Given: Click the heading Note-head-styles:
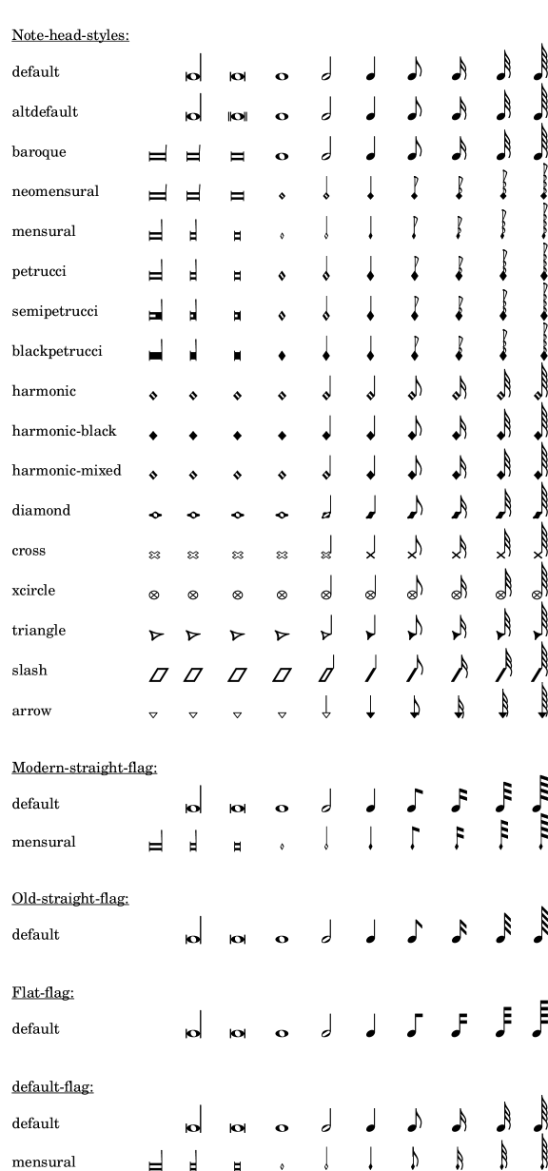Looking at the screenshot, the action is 70,36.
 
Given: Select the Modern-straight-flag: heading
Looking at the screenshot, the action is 85,768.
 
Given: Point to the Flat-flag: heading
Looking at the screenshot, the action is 43,993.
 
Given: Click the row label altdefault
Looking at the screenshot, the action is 45,112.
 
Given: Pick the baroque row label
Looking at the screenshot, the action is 39,152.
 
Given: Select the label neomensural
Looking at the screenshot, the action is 55,192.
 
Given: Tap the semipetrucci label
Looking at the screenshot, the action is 55,312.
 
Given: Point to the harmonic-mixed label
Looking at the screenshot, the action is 67,471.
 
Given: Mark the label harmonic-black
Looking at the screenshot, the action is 64,431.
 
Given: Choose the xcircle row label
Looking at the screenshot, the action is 33,591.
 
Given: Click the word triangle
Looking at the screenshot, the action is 38,631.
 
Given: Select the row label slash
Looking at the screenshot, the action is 29,671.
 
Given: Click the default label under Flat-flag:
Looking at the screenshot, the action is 35,1029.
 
